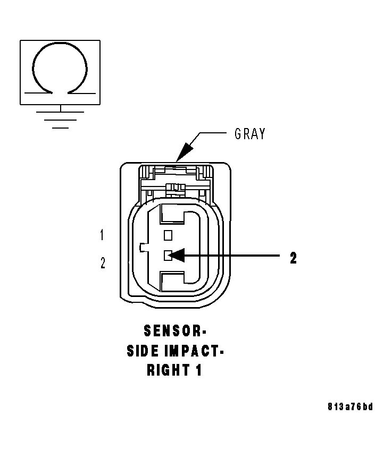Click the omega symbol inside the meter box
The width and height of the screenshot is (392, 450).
pyautogui.click(x=60, y=66)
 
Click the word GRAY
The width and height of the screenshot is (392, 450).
pyautogui.click(x=249, y=134)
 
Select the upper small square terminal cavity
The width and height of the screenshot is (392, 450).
pyautogui.click(x=168, y=235)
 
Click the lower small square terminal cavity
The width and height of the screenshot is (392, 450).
pyautogui.click(x=168, y=256)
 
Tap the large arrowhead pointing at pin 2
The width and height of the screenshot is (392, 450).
pyautogui.click(x=178, y=256)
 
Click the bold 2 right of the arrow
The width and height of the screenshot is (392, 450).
pyautogui.click(x=293, y=258)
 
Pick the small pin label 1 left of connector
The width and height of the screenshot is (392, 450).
pyautogui.click(x=102, y=234)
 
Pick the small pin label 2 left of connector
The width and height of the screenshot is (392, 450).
pyautogui.click(x=103, y=263)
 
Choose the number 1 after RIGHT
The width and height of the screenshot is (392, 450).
pyautogui.click(x=198, y=370)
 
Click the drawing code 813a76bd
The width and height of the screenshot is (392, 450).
pyautogui.click(x=350, y=407)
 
